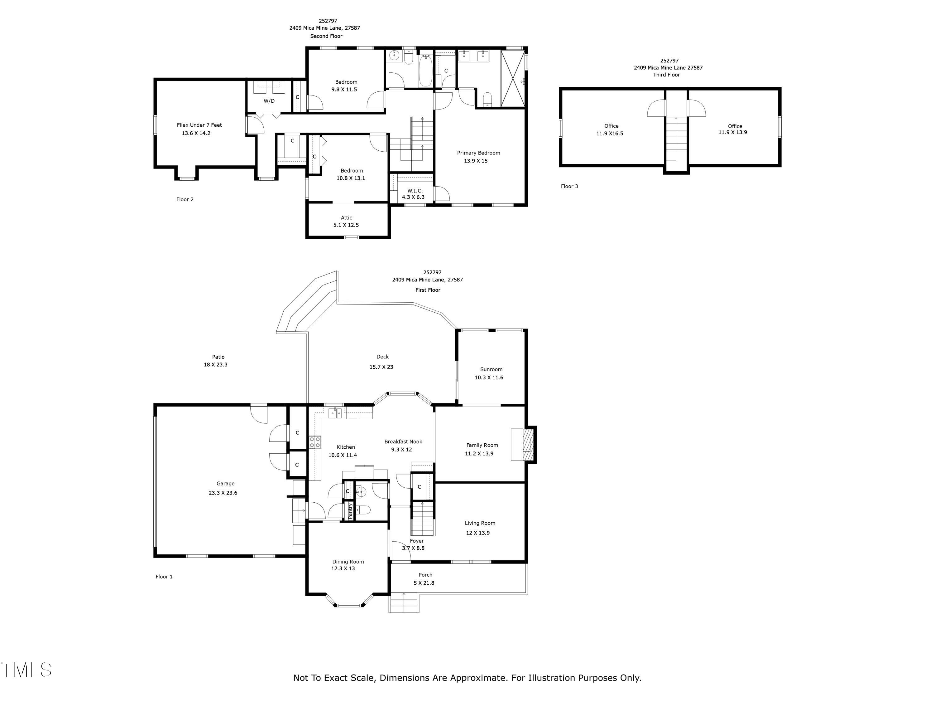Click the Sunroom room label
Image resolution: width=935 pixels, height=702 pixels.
click(x=491, y=369)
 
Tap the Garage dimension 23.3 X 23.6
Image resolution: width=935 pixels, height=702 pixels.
click(x=223, y=493)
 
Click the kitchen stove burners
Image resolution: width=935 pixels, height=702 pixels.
click(x=314, y=442)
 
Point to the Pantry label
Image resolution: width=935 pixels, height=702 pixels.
click(x=350, y=511)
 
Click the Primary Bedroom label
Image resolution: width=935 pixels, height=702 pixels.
click(x=478, y=153)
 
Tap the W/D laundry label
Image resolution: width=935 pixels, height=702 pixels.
click(x=269, y=101)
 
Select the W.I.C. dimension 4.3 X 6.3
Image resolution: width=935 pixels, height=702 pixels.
click(x=413, y=197)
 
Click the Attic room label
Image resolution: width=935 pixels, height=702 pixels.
click(x=346, y=218)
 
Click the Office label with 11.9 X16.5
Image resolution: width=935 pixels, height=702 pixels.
click(x=611, y=126)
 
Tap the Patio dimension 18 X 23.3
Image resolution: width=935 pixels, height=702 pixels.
click(x=216, y=365)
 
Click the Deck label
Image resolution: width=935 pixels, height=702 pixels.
click(x=382, y=357)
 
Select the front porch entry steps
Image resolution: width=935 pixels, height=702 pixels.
click(x=404, y=603)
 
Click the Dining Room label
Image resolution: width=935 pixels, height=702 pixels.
click(x=348, y=562)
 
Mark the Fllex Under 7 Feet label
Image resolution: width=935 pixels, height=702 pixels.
click(x=199, y=125)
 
